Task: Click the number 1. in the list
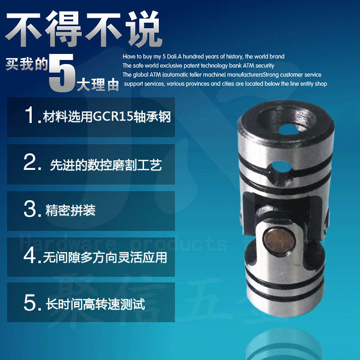(33, 115)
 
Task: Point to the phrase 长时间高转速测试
(95, 305)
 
